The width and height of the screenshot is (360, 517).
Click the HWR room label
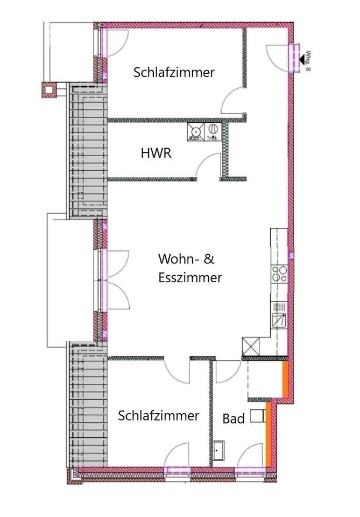click(156, 153)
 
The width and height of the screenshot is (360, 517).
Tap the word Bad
click(234, 419)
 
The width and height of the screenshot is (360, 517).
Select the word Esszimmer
click(190, 278)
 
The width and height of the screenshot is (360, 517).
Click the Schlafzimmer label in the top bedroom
click(174, 73)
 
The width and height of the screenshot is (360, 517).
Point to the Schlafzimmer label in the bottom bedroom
click(159, 416)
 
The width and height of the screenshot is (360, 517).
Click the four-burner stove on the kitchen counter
click(279, 274)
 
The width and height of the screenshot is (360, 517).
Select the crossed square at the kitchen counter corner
click(251, 345)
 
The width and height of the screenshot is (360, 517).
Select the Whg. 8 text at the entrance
click(309, 60)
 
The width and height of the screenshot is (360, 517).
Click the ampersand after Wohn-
click(209, 259)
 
